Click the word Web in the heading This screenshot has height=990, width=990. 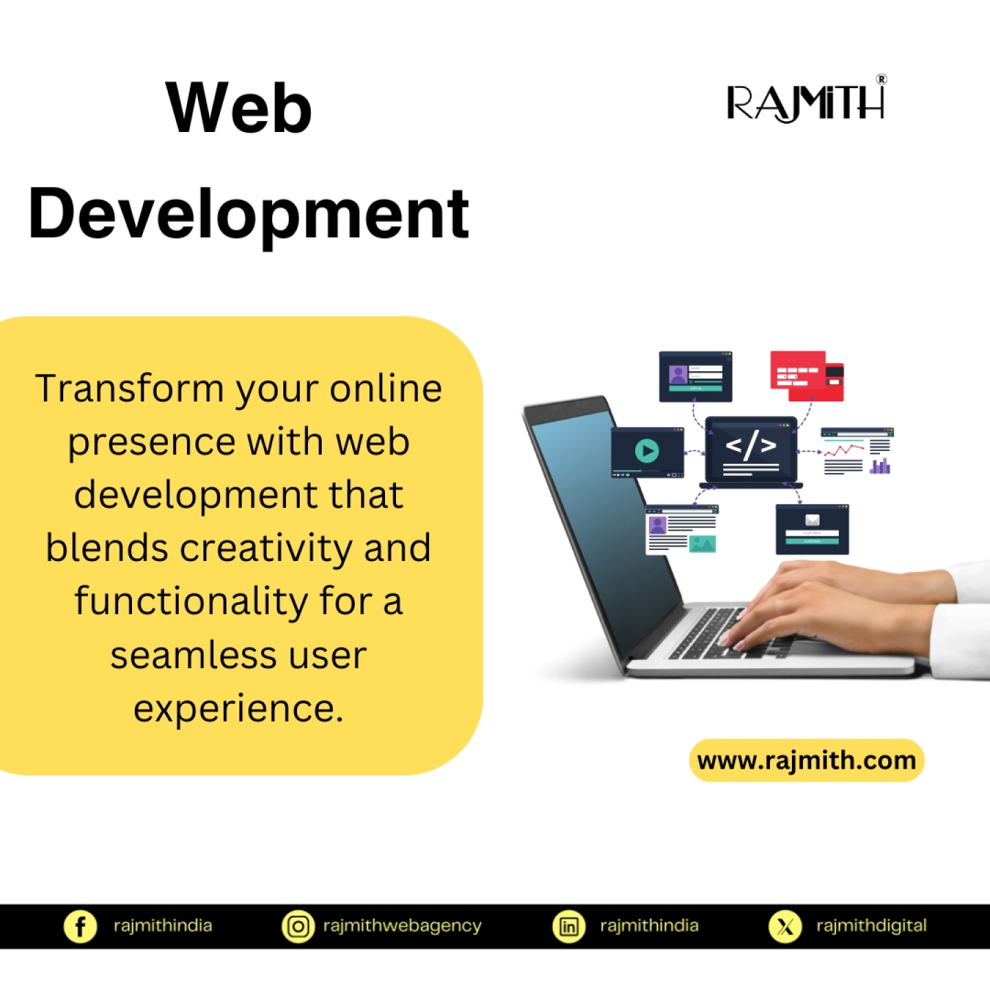pyautogui.click(x=239, y=108)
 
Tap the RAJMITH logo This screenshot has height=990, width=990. pyautogui.click(x=805, y=102)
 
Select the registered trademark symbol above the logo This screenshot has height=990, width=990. pyautogui.click(x=881, y=79)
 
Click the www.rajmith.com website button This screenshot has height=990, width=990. pyautogui.click(x=806, y=760)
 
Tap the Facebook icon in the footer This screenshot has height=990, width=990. pyautogui.click(x=80, y=927)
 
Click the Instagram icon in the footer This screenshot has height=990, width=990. pyautogui.click(x=298, y=927)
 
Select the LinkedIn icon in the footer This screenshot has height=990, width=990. pyautogui.click(x=568, y=927)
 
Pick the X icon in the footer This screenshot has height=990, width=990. pyautogui.click(x=785, y=927)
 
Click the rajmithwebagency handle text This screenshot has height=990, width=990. pyautogui.click(x=402, y=926)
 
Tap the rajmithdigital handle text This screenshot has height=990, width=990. pyautogui.click(x=871, y=926)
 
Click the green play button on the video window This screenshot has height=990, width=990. pyautogui.click(x=647, y=451)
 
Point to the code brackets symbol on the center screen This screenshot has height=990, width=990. pyautogui.click(x=751, y=445)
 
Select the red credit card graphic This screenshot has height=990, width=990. pyautogui.click(x=806, y=376)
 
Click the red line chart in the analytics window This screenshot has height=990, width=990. pyautogui.click(x=844, y=450)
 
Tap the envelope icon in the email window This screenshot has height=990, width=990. pyautogui.click(x=812, y=520)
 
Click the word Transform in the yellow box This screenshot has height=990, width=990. pyautogui.click(x=129, y=388)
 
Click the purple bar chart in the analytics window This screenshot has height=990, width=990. pyautogui.click(x=879, y=466)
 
